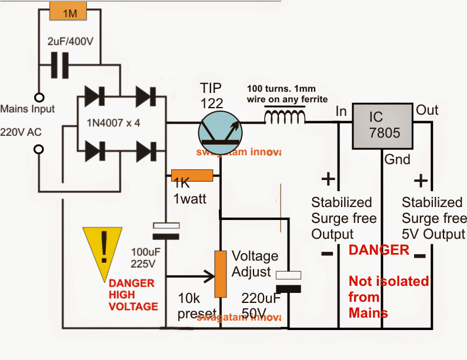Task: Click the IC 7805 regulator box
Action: (382, 125)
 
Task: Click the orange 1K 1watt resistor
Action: (192, 175)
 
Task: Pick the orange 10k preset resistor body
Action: (221, 274)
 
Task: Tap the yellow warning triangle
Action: (105, 248)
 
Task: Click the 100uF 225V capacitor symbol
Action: (166, 231)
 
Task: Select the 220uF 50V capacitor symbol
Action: (288, 281)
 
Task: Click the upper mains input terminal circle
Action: (39, 98)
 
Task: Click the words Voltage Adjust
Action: (255, 264)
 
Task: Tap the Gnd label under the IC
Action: (398, 159)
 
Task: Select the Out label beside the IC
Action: (428, 110)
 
